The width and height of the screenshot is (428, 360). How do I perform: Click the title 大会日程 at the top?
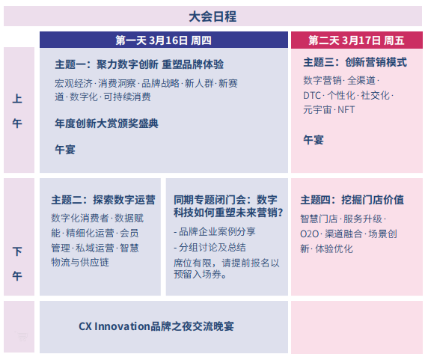coord(213,16)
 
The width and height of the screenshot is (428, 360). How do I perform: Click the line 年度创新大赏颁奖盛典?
coord(106,123)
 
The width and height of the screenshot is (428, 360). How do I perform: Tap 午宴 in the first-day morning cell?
coord(65,149)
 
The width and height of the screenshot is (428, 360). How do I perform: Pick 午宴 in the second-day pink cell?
coord(314,139)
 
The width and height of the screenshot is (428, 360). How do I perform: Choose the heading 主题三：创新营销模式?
coord(355,63)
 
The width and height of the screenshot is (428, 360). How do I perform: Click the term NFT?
coord(346,109)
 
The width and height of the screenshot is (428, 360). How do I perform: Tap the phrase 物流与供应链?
coord(79,262)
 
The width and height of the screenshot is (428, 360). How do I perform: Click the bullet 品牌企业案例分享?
coord(218,231)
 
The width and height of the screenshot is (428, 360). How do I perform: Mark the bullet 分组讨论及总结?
coord(213,247)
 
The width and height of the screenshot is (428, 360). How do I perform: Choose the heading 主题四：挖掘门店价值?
coord(352,200)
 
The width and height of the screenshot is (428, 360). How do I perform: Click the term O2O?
coord(310,234)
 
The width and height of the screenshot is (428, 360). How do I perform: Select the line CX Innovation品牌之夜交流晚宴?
coord(156,326)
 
